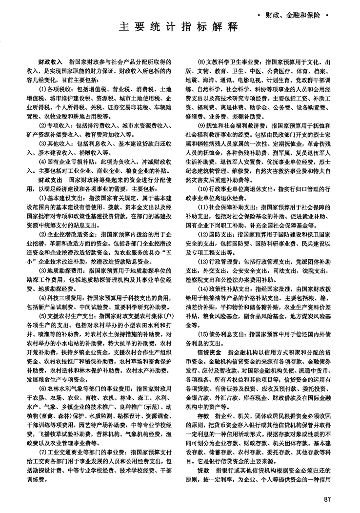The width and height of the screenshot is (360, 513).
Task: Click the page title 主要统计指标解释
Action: [x=179, y=28]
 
